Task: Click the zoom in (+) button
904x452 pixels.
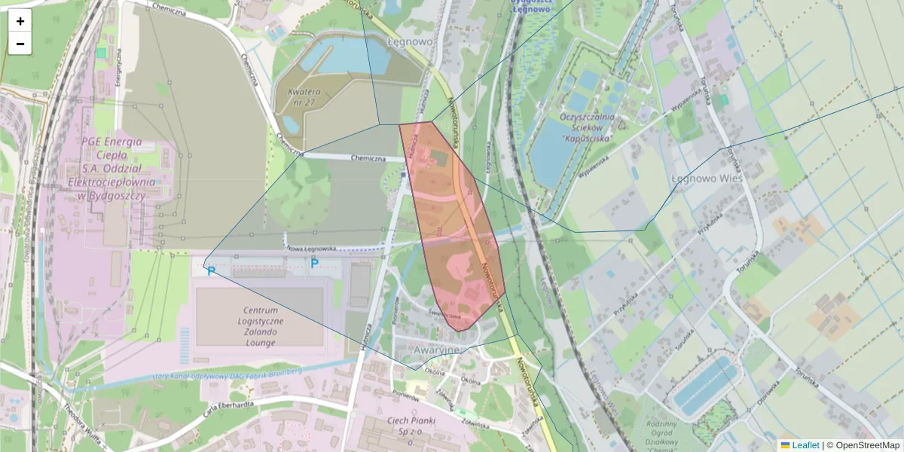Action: click(x=20, y=21)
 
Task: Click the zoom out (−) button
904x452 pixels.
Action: click(x=20, y=44)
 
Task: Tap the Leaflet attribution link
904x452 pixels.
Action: click(x=805, y=445)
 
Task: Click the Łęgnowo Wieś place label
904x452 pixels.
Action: click(x=706, y=179)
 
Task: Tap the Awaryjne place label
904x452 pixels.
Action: click(x=437, y=350)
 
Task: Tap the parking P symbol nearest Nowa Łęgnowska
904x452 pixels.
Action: click(x=314, y=263)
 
